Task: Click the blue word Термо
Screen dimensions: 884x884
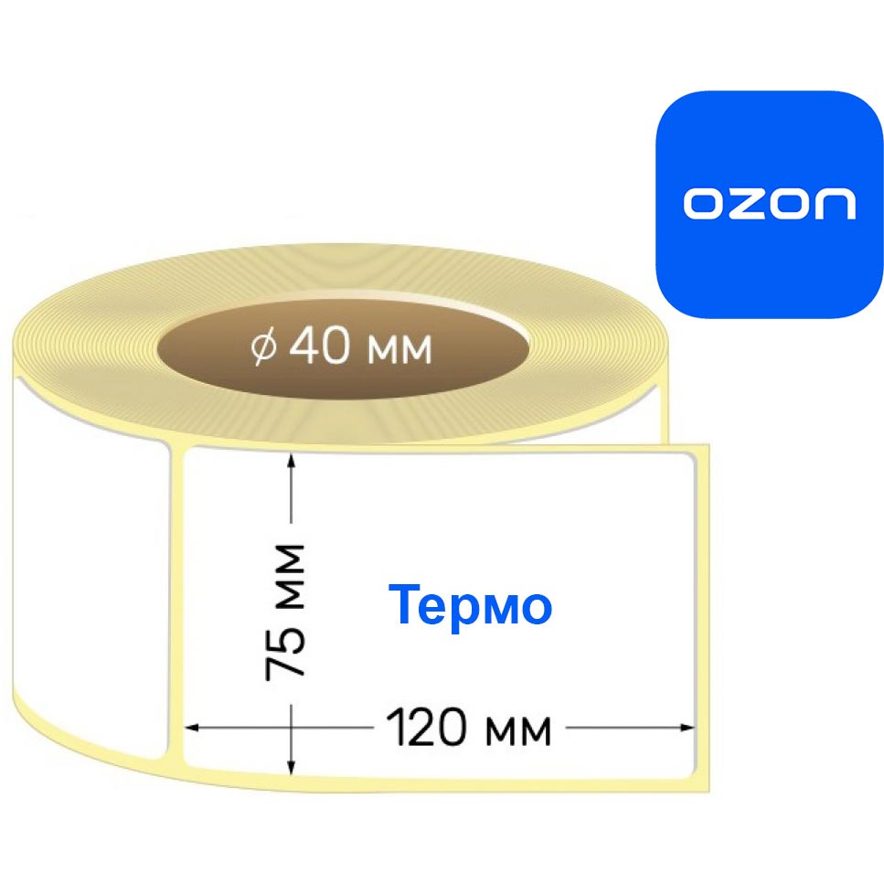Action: pyautogui.click(x=470, y=605)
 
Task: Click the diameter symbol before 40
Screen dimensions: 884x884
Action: pyautogui.click(x=264, y=347)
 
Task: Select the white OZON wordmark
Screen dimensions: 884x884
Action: pyautogui.click(x=770, y=204)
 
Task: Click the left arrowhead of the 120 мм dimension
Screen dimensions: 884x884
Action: pyautogui.click(x=192, y=728)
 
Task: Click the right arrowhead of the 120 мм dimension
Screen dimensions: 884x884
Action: pyautogui.click(x=687, y=728)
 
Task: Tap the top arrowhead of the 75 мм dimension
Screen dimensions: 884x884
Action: pyautogui.click(x=291, y=460)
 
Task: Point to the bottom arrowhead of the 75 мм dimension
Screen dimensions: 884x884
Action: pyautogui.click(x=291, y=767)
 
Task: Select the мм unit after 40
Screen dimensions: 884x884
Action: pyautogui.click(x=399, y=349)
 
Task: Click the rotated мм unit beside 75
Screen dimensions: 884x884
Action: pyautogui.click(x=290, y=578)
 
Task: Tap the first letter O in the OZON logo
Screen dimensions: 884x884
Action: pyautogui.click(x=703, y=204)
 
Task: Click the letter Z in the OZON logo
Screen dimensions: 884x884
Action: pyautogui.click(x=746, y=204)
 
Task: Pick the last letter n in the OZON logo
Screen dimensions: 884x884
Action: pyautogui.click(x=836, y=204)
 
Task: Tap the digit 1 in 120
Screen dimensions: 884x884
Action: pyautogui.click(x=396, y=728)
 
